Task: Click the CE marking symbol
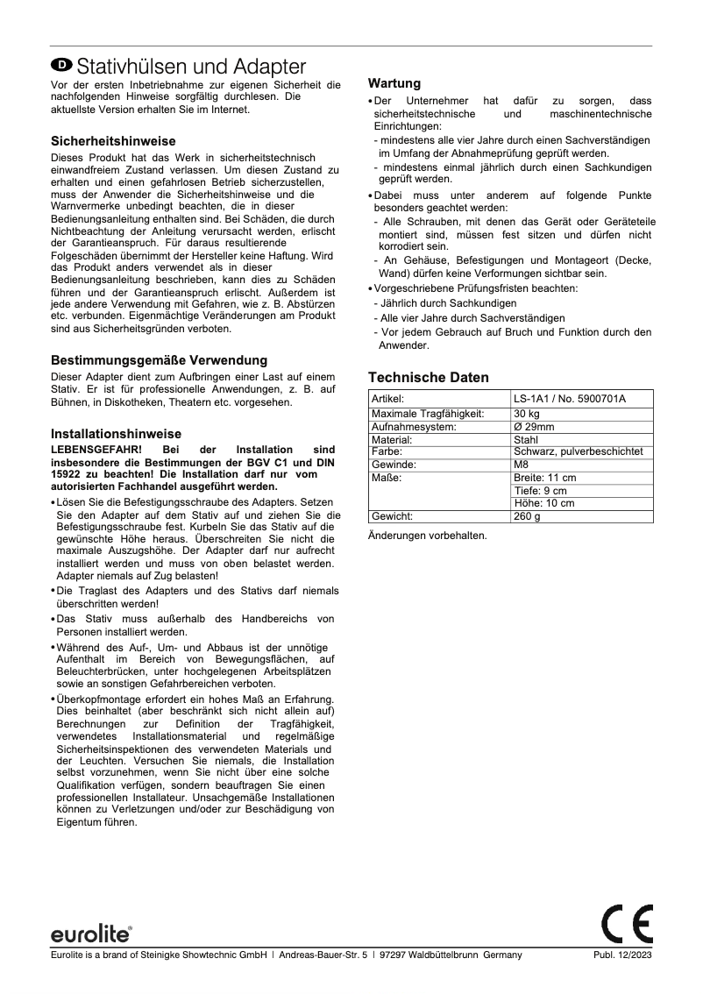click(628, 921)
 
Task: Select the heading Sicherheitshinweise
click(113, 141)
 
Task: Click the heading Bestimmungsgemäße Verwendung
click(160, 360)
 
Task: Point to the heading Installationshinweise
click(117, 434)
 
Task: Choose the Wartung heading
click(394, 83)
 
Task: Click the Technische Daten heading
click(429, 377)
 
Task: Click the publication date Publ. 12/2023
click(623, 955)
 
